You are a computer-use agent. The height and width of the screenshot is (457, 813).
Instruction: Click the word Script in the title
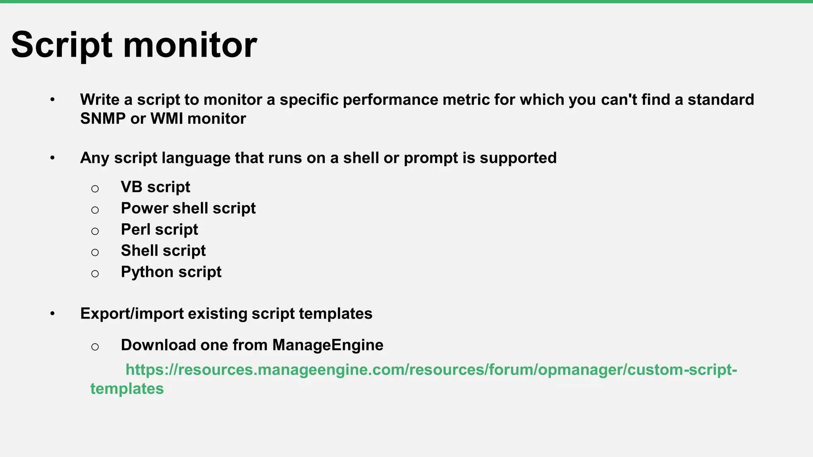[x=62, y=45]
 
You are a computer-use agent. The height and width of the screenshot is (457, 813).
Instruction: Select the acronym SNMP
[x=103, y=119]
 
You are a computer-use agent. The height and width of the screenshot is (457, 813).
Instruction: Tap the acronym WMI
[x=167, y=119]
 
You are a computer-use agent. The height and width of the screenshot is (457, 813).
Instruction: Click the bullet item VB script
[x=155, y=187]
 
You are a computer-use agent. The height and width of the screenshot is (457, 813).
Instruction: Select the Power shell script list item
[x=188, y=208]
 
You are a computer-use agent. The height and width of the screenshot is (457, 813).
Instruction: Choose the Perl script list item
[x=159, y=229]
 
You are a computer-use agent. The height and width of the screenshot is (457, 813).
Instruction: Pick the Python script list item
[x=171, y=272]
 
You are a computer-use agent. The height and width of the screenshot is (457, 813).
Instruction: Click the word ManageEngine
[x=328, y=345]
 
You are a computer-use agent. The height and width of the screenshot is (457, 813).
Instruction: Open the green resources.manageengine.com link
[x=431, y=370]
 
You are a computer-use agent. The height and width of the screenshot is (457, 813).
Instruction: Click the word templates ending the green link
[x=127, y=389]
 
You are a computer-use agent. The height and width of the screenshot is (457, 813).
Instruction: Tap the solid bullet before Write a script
[x=52, y=100]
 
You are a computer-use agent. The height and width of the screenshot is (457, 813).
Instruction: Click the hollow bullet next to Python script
[x=95, y=274]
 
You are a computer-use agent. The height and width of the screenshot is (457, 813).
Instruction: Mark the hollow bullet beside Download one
[x=95, y=347]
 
